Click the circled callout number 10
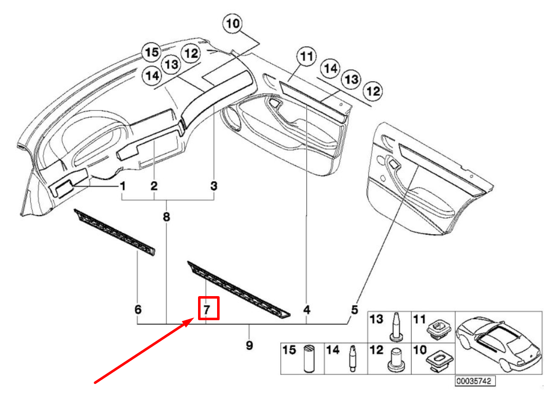[x=233, y=24]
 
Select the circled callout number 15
[x=151, y=52]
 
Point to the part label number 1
[x=122, y=186]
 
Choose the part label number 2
[x=154, y=186]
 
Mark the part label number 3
[x=214, y=186]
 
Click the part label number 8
[x=166, y=217]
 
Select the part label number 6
[x=138, y=309]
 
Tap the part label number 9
[x=249, y=345]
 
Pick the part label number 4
[x=306, y=309]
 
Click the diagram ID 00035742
[x=474, y=381]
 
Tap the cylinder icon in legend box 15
[x=308, y=358]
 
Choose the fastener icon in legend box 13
[x=395, y=327]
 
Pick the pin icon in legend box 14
[x=353, y=358]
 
